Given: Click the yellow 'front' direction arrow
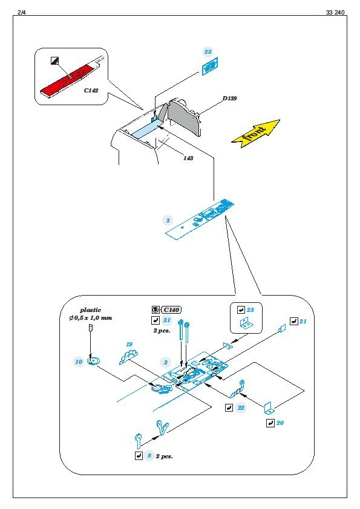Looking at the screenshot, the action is click(256, 133).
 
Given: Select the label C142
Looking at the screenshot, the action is click(91, 91).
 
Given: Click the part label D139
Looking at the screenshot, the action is click(230, 99).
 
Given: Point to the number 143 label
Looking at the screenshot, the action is click(188, 158).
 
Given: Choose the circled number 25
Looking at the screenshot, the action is click(208, 51).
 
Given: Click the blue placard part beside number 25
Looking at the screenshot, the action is click(210, 66).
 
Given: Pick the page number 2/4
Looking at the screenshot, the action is click(22, 12).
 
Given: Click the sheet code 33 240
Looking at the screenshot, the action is click(335, 12).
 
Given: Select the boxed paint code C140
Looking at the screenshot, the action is click(171, 310).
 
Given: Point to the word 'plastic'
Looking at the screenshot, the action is click(91, 310).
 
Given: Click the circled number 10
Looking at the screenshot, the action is click(79, 362).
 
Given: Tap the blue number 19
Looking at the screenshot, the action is click(129, 345).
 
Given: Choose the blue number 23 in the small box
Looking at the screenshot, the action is click(250, 310).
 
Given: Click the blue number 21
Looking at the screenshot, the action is click(303, 322).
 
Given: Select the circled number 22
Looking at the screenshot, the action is click(241, 407).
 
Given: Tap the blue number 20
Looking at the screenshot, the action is click(280, 423).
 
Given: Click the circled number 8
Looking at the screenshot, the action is click(149, 456).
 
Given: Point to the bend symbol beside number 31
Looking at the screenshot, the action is click(155, 320).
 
